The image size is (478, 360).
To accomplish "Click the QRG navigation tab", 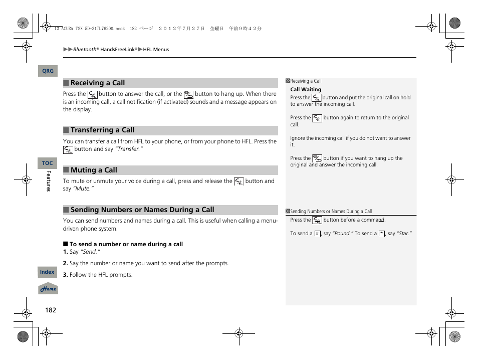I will click(x=48, y=71).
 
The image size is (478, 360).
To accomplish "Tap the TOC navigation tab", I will click(x=47, y=163).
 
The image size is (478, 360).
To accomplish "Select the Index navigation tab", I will click(x=47, y=272).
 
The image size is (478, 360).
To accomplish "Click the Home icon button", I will click(x=48, y=289).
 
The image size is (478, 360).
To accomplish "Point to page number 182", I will click(x=51, y=310).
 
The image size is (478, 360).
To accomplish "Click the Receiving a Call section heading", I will click(x=98, y=83).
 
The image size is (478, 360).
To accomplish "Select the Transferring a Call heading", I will click(x=102, y=130).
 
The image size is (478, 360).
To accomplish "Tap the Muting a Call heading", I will click(x=94, y=170).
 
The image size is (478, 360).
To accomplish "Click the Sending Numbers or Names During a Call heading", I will click(x=142, y=210).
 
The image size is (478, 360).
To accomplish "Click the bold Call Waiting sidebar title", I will click(x=306, y=90).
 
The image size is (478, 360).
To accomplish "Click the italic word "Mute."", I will click(x=84, y=189).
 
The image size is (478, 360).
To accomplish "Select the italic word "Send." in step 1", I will click(x=90, y=252).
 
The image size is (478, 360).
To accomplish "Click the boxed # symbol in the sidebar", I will click(x=317, y=234).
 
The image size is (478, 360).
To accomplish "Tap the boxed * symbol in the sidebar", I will click(x=381, y=234).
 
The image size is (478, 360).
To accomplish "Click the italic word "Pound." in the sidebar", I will click(x=343, y=234).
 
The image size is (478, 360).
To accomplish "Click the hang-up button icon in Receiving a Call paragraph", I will click(x=188, y=94).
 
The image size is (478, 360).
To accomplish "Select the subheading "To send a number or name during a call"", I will click(x=126, y=244).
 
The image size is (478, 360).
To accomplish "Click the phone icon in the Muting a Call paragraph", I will click(x=239, y=182).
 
